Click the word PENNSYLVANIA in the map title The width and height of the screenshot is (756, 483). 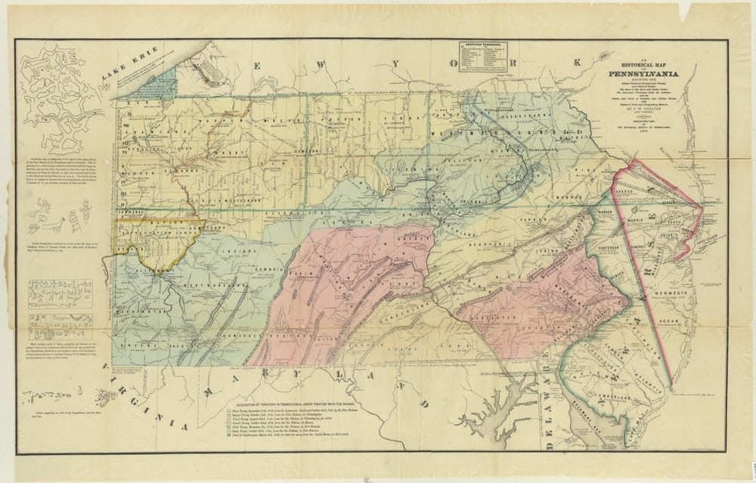click(x=649, y=73)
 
